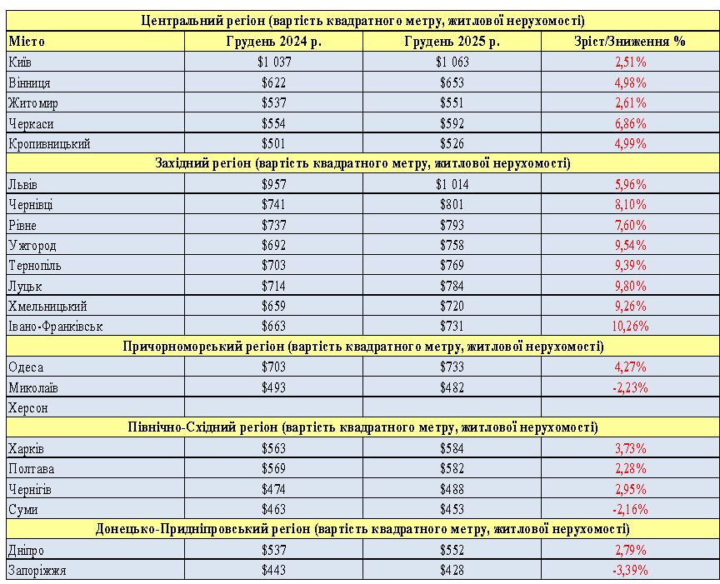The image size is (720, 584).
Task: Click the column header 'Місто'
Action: [x=27, y=42]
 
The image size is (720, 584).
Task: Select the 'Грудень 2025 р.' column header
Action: [x=452, y=42]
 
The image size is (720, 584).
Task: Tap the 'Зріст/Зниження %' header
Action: [x=630, y=42]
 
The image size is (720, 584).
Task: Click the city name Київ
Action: [x=20, y=62]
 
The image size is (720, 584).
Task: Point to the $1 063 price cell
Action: [x=452, y=62]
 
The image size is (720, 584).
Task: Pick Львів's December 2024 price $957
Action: [x=273, y=184]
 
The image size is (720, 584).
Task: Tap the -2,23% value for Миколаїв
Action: [x=630, y=387]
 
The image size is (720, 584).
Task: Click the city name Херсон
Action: [x=27, y=408]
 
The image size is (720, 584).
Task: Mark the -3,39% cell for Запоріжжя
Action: [x=630, y=571]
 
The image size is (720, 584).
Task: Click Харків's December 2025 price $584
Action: [x=452, y=448]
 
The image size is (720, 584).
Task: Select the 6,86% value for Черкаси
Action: [x=631, y=123]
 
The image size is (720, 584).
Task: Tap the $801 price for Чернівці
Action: [x=452, y=205]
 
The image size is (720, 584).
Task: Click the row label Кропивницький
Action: [x=48, y=143]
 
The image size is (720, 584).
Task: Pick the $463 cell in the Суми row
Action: [x=273, y=509]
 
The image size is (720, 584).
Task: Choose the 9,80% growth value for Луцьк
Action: [x=631, y=286]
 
